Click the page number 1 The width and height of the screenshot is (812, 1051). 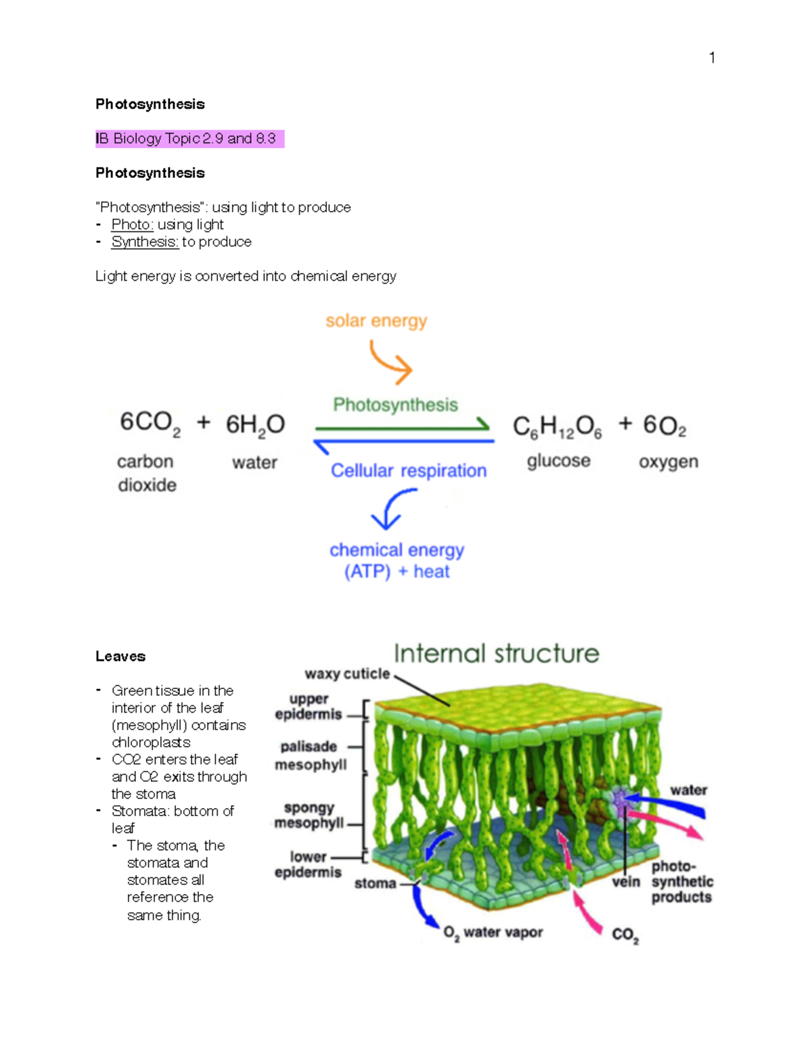pos(712,58)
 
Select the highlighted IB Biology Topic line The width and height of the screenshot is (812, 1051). pos(189,139)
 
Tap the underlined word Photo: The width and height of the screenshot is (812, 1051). pos(132,225)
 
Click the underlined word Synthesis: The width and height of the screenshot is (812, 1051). pos(145,242)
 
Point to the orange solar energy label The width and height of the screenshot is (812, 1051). pos(376,321)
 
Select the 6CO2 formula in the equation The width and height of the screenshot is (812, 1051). pos(150,424)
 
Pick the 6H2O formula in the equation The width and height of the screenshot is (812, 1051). pos(255,425)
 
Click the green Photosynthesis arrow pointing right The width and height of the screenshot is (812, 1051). pos(403,427)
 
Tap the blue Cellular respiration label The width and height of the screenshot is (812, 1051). pos(408,470)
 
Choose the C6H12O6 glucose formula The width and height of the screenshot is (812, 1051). pos(557,426)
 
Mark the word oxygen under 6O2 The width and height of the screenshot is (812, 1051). pos(668,462)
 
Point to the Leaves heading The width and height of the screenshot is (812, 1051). pos(120,656)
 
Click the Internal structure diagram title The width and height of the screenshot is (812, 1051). pos(496,654)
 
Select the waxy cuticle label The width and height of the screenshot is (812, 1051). pos(347,674)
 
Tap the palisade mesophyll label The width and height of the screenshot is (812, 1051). pos(310,755)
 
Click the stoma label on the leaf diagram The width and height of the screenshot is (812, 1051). pos(375,883)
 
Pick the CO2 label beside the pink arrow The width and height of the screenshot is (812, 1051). pos(625,935)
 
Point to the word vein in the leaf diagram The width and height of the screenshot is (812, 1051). pos(626,882)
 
